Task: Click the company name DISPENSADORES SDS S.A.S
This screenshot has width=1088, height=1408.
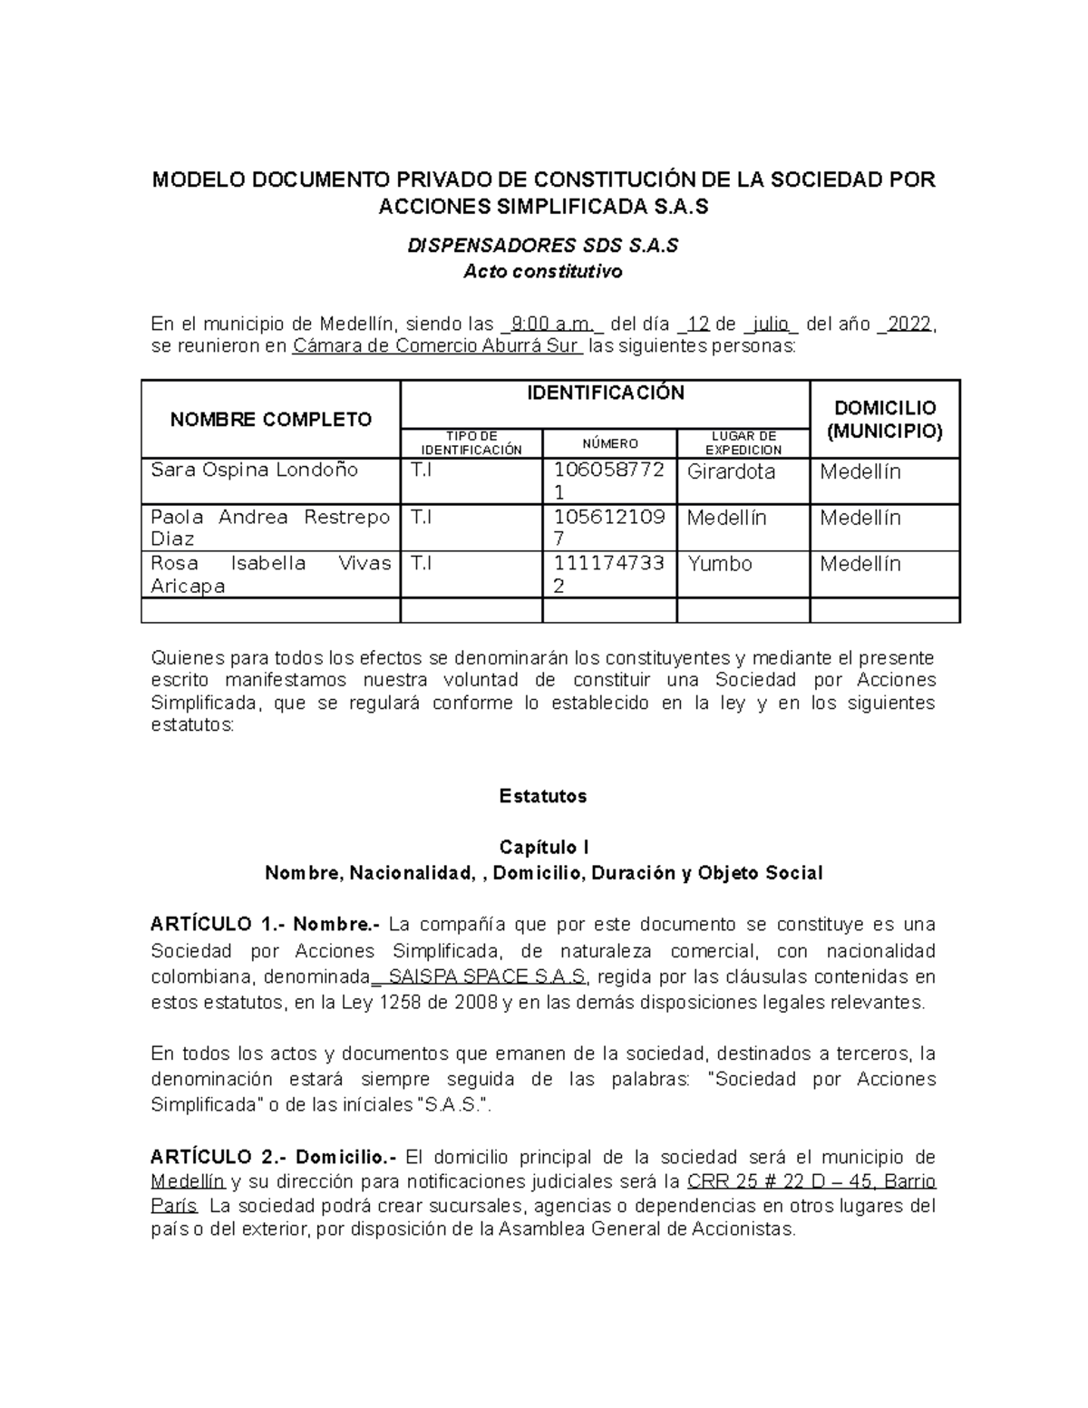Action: (x=542, y=246)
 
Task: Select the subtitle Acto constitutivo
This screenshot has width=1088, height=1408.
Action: (x=542, y=271)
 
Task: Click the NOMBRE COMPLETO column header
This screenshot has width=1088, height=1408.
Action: (x=271, y=419)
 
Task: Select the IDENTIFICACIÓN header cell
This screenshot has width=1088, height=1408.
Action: (x=605, y=393)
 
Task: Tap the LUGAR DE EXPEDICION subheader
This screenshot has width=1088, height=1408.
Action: (x=743, y=443)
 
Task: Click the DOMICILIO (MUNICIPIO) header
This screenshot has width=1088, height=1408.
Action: (x=884, y=419)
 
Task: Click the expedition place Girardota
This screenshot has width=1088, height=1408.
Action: (x=731, y=471)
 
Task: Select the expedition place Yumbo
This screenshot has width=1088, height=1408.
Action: (x=720, y=564)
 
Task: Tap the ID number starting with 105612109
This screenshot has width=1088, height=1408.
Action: (x=609, y=528)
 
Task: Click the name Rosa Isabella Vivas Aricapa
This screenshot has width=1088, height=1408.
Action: (x=270, y=574)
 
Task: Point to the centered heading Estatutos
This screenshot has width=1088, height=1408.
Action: (x=542, y=796)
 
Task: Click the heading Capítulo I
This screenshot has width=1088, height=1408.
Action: (x=542, y=847)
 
